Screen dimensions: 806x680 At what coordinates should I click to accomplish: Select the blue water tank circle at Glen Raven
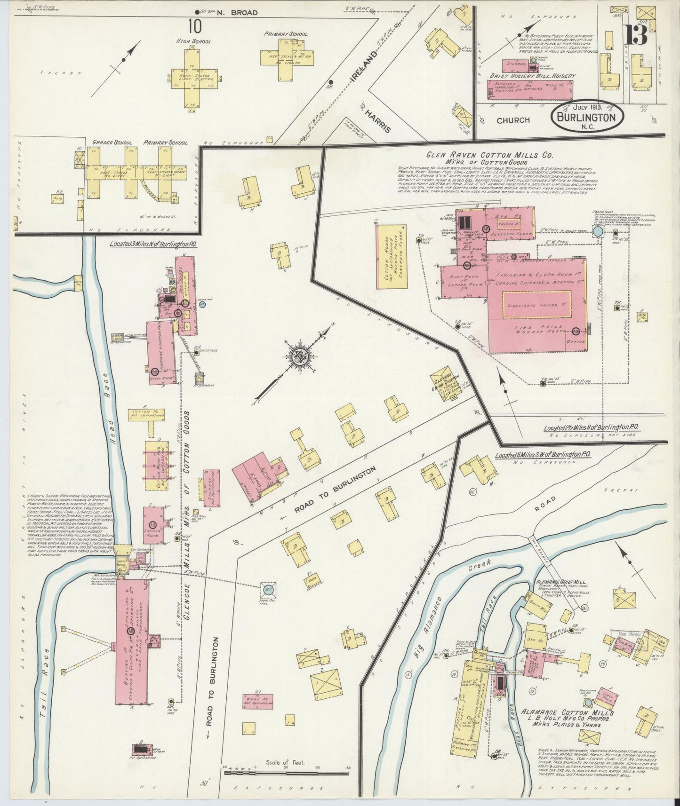[597, 232]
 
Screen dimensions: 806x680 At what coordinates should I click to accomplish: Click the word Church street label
[513, 120]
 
